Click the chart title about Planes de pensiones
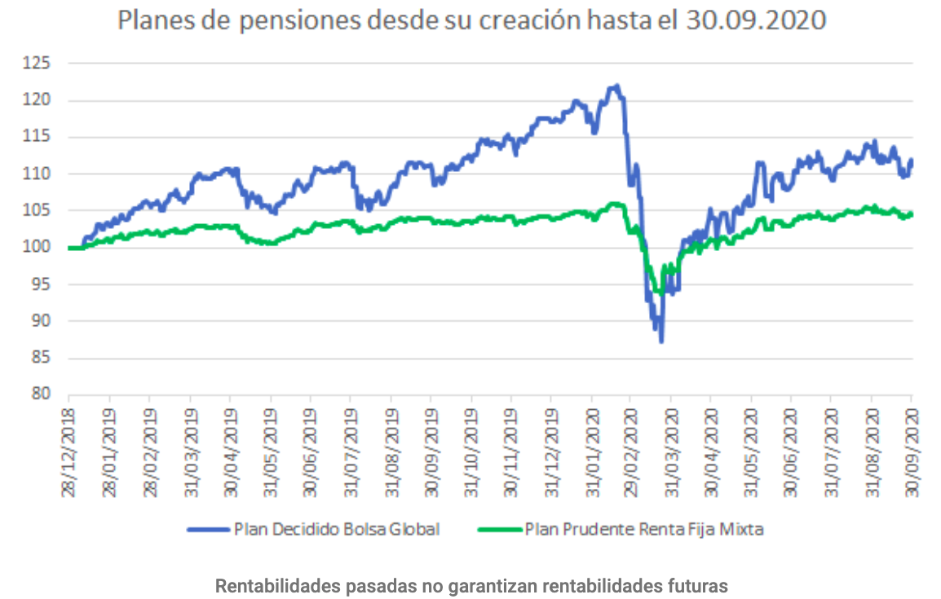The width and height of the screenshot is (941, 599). pyautogui.click(x=471, y=20)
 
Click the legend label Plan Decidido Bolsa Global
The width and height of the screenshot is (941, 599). pyautogui.click(x=337, y=530)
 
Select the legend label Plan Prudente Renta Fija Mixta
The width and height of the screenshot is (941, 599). pyautogui.click(x=644, y=530)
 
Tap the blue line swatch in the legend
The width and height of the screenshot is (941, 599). pyautogui.click(x=207, y=530)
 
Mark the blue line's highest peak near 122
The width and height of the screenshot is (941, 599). pyautogui.click(x=616, y=85)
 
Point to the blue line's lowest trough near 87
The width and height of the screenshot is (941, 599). pyautogui.click(x=661, y=341)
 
